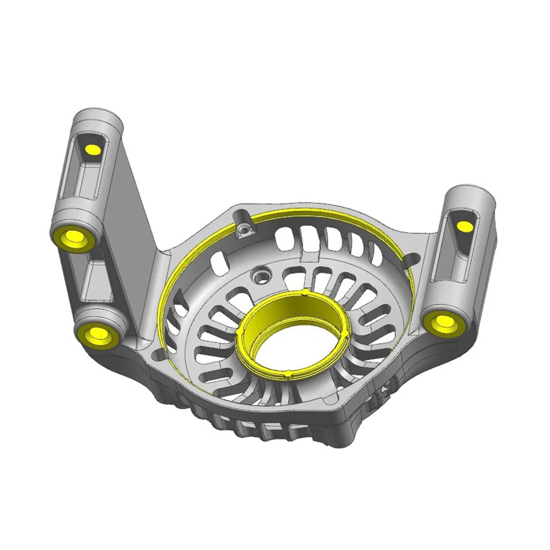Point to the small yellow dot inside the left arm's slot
pyautogui.click(x=91, y=150)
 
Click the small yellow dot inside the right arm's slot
pyautogui.click(x=464, y=225)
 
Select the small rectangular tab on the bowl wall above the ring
pyautogui.click(x=312, y=256)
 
